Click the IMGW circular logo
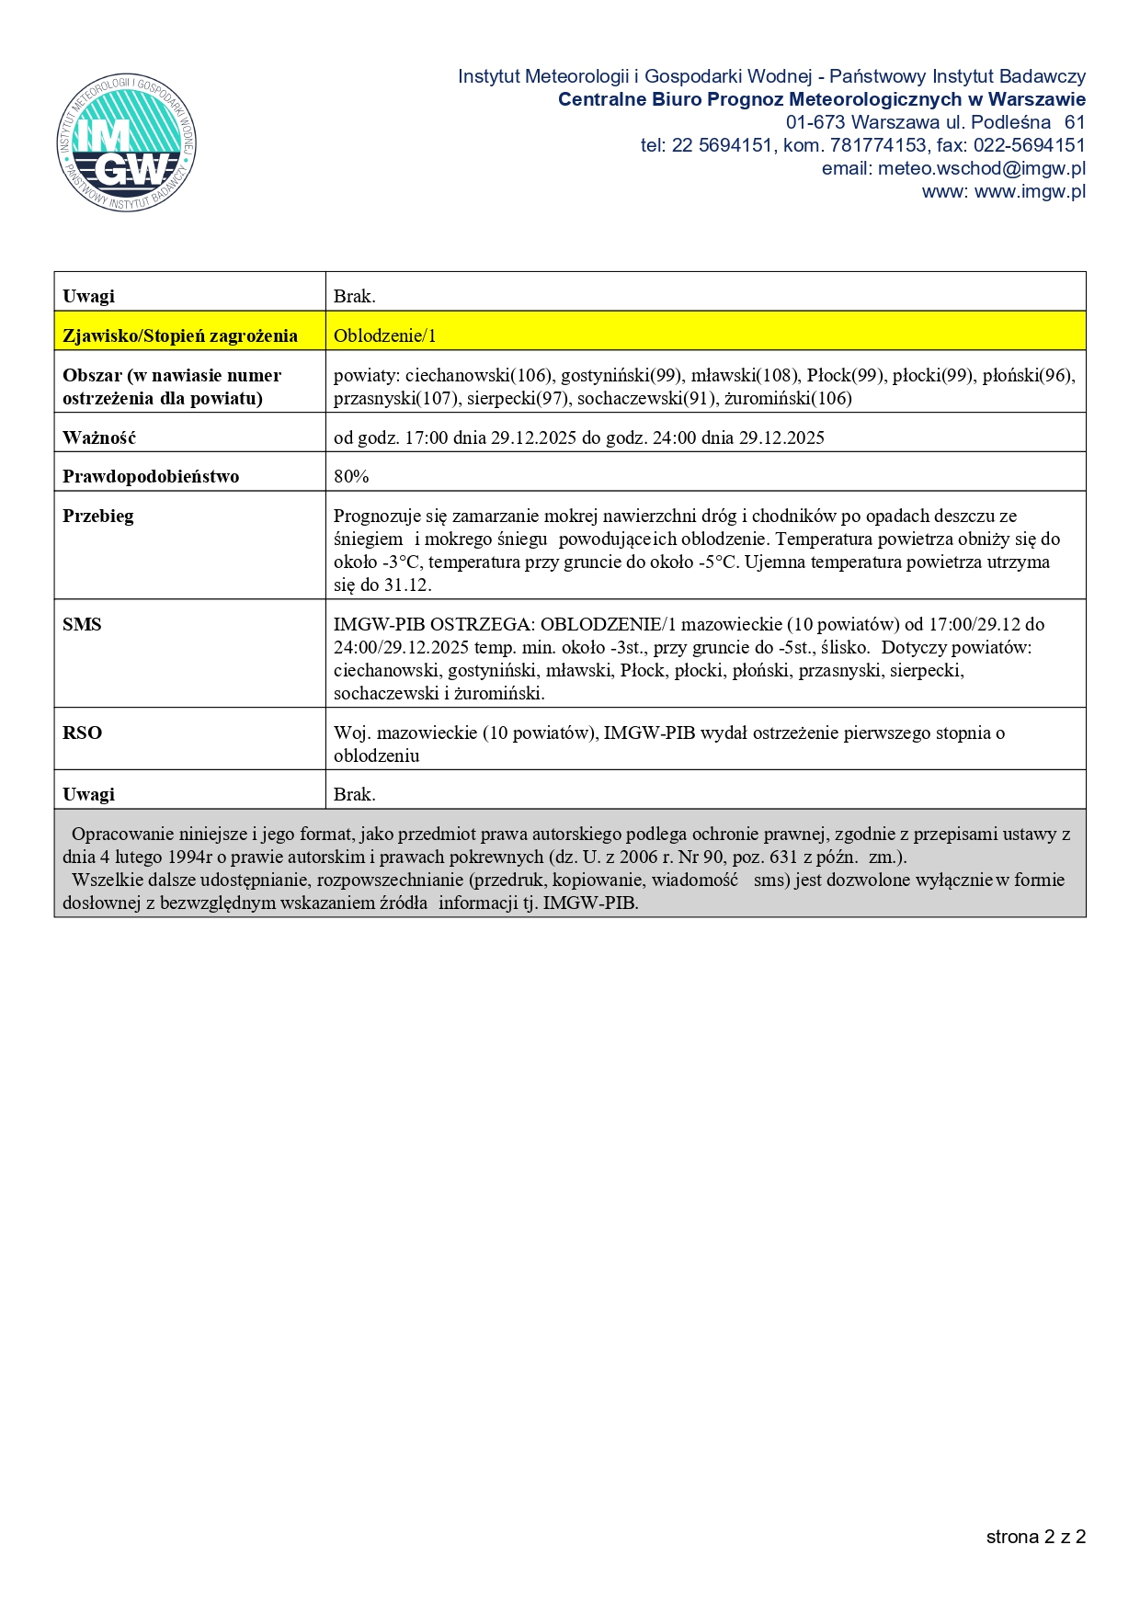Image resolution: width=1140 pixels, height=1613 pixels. point(127,143)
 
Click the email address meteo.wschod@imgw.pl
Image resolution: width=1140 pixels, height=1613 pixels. point(981,168)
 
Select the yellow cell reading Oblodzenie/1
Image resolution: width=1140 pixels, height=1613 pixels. point(385,335)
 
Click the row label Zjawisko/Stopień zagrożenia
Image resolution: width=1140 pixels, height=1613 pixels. point(180,335)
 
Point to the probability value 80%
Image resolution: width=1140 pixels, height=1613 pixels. point(351,476)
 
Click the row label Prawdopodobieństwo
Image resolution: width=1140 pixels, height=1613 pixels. point(151,476)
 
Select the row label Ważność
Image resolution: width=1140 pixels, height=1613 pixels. point(99,437)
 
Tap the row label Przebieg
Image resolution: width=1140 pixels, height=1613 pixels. point(98,516)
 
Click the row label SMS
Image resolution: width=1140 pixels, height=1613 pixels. point(82,624)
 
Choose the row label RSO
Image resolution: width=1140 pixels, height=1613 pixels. point(82,733)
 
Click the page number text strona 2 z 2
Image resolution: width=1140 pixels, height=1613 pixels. point(1035,1537)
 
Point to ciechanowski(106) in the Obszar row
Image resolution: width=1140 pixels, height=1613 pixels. point(478,375)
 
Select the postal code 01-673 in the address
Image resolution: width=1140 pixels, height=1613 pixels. point(815,122)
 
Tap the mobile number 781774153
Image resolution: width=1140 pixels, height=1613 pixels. point(878,145)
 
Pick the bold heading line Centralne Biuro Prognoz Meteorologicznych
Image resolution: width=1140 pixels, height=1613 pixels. point(821,99)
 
